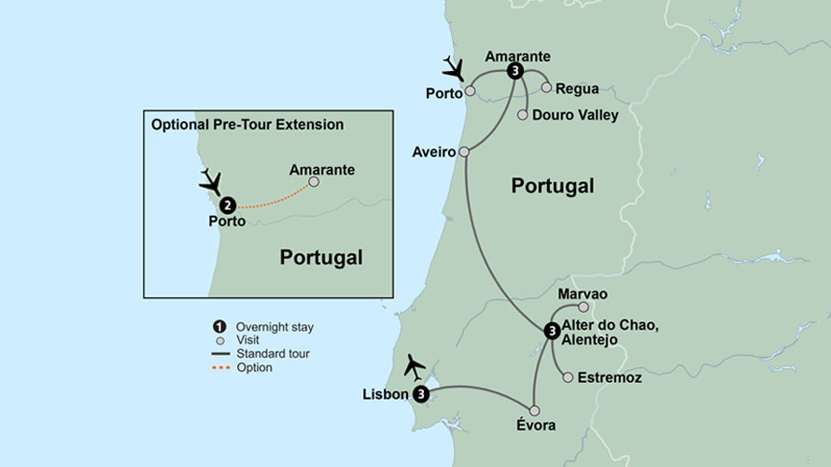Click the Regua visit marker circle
click(x=546, y=88)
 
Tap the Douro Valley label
click(x=575, y=115)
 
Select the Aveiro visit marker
click(x=464, y=151)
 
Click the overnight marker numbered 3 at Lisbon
click(x=421, y=394)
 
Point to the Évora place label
click(x=535, y=426)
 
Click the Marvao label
click(x=582, y=294)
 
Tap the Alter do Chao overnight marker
click(x=552, y=331)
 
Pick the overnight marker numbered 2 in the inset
click(x=227, y=205)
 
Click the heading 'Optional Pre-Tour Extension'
click(x=247, y=124)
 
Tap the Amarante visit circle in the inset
click(x=314, y=182)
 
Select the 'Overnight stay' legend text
click(x=275, y=327)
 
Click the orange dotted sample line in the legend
click(x=220, y=368)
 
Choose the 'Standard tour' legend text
click(x=273, y=354)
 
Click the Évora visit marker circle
click(x=534, y=410)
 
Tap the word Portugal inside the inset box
click(x=321, y=258)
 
